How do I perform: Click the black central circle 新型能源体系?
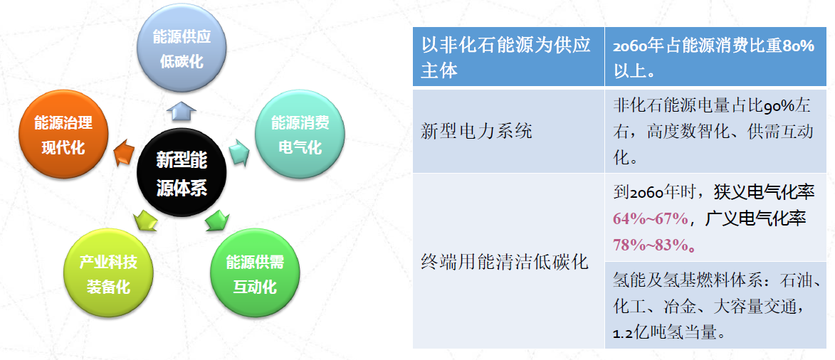coord(182,173)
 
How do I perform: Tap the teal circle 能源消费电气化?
coord(300,134)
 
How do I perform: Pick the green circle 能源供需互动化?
coord(255,272)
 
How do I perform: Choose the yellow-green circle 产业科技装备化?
coord(108,272)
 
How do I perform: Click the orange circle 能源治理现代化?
coord(63,134)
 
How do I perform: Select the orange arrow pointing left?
coord(124,153)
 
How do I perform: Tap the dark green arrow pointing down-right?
coord(216,220)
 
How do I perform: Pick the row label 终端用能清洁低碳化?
coord(504,262)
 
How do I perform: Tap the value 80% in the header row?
coord(798,46)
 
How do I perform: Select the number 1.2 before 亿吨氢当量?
coord(623,334)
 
